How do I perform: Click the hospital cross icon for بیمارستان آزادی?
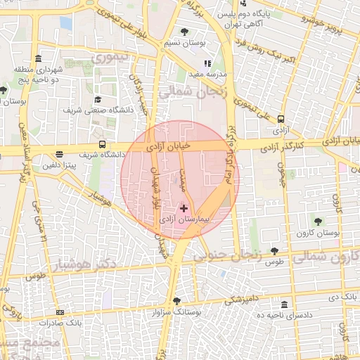(184, 208)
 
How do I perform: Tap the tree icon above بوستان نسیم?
(184, 32)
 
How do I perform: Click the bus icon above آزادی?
(281, 119)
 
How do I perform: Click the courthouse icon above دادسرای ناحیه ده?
(284, 304)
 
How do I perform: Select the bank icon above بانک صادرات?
(60, 312)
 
